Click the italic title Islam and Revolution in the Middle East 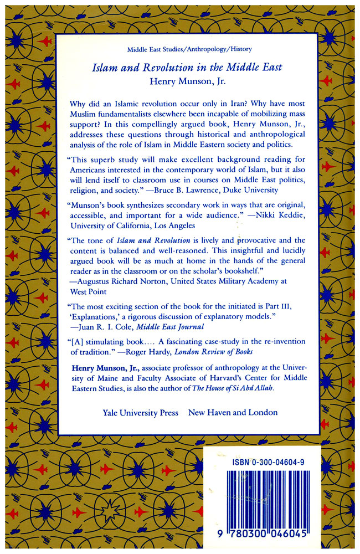pyautogui.click(x=187, y=67)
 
